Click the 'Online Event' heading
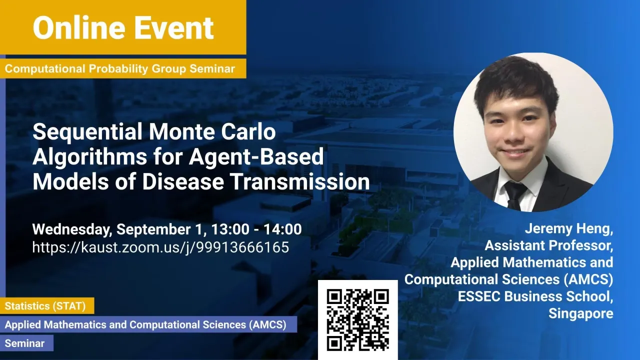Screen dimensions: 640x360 coord(123,27)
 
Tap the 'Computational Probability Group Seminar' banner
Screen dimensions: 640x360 coord(123,68)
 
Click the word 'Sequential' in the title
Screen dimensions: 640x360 coord(87,132)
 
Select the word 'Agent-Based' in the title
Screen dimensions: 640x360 coord(256,157)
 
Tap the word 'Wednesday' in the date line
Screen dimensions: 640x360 coord(71,229)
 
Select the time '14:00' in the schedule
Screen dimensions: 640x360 coord(282,229)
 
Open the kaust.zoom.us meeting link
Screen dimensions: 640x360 coord(160,247)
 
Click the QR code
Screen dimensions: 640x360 coord(357,319)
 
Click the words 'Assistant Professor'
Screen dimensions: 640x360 coord(547,245)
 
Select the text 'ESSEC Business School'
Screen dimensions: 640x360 coord(533,296)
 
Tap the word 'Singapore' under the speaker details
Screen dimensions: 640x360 coord(581,313)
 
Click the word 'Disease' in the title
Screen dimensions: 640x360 coord(183,181)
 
